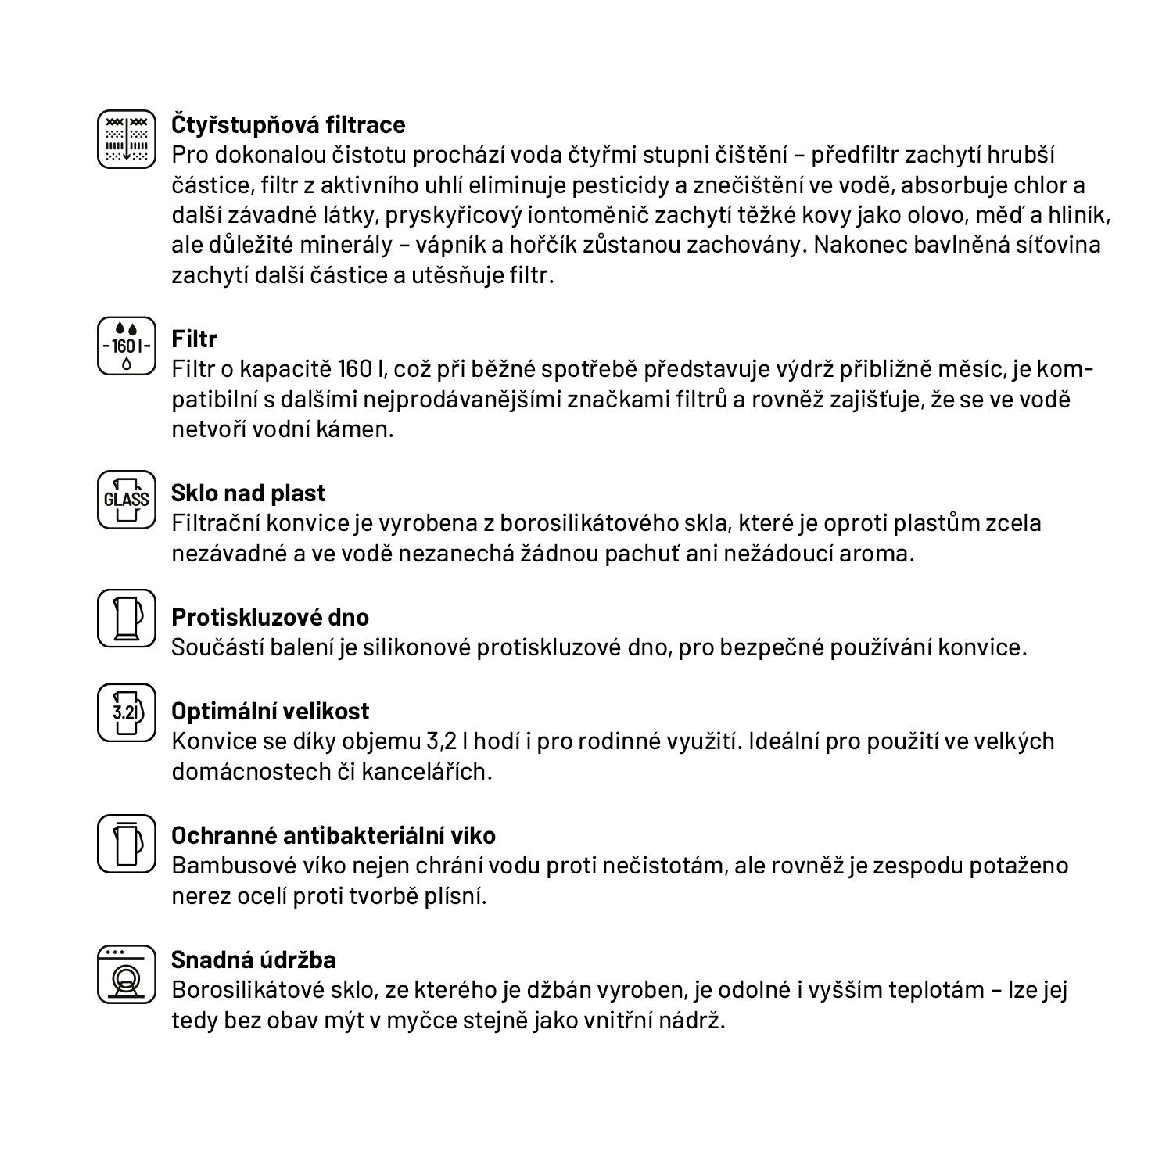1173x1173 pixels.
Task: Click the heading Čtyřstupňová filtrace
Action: click(x=288, y=124)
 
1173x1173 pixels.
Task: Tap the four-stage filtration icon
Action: click(x=127, y=139)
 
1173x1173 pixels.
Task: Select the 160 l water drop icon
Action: click(x=127, y=345)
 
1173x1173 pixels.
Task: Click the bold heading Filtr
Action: click(x=194, y=339)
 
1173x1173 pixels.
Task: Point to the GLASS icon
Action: click(x=127, y=498)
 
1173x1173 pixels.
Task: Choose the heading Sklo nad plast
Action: click(x=248, y=493)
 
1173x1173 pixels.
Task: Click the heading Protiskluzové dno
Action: click(x=270, y=617)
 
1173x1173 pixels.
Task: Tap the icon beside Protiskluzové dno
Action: click(x=127, y=619)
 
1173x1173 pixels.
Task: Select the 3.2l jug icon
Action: click(x=127, y=712)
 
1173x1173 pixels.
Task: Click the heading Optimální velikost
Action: click(x=270, y=711)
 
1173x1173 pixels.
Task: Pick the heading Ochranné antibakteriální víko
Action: click(x=333, y=835)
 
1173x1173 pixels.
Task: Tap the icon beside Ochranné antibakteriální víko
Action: click(x=127, y=843)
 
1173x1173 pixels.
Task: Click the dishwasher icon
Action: click(x=127, y=974)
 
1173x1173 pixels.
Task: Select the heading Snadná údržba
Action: click(x=253, y=960)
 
